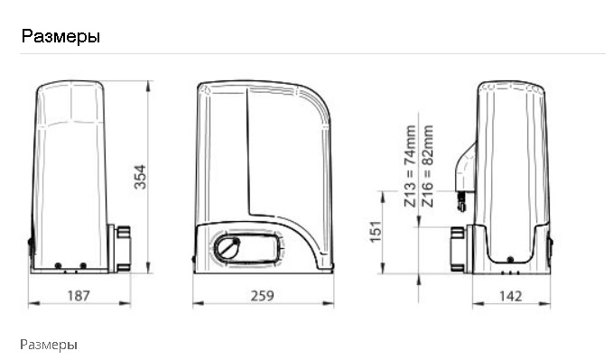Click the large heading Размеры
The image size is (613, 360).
[60, 36]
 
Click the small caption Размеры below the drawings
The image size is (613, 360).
[49, 345]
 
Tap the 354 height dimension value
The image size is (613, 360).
[140, 177]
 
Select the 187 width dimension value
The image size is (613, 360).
[79, 296]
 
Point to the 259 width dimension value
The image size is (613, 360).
[263, 296]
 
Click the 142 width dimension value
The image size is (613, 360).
[511, 296]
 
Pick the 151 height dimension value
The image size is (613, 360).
[376, 231]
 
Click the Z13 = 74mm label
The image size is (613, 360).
[410, 166]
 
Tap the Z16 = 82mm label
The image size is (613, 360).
[428, 166]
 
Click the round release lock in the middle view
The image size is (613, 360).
[228, 247]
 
